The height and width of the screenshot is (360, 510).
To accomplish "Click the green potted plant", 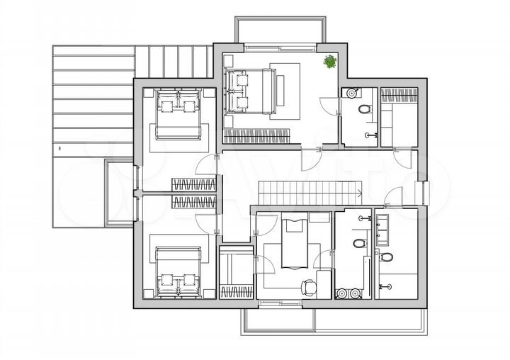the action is point(330,62).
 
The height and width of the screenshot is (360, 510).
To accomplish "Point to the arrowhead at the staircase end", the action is point(361,193).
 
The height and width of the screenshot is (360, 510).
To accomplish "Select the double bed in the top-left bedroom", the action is point(178,116).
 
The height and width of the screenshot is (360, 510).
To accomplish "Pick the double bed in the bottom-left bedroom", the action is point(178,271).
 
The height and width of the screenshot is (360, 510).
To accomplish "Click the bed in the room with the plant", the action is point(250,91).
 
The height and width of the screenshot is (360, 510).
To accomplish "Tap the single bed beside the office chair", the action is point(295,240).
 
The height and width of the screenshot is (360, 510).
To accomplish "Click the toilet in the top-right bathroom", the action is point(364,108).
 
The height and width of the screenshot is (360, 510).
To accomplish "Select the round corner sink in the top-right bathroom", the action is point(351,94).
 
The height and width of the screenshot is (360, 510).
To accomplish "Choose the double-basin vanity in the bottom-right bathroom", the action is point(382,230).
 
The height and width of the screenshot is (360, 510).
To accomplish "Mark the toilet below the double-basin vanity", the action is point(387,257).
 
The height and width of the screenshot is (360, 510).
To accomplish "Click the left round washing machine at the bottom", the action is point(342,293).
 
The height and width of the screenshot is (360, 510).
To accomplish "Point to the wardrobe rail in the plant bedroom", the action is point(256,136).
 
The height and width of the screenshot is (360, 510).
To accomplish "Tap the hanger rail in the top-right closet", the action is point(399,95).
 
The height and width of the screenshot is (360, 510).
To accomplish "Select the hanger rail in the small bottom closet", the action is point(237,292).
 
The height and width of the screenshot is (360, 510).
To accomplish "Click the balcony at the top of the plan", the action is point(280,30).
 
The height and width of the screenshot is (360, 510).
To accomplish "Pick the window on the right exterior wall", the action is point(422,193).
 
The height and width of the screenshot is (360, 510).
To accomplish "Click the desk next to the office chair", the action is point(324,284).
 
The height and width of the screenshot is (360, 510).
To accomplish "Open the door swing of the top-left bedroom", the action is point(207,165).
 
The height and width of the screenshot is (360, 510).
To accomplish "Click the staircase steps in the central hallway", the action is point(310,193).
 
